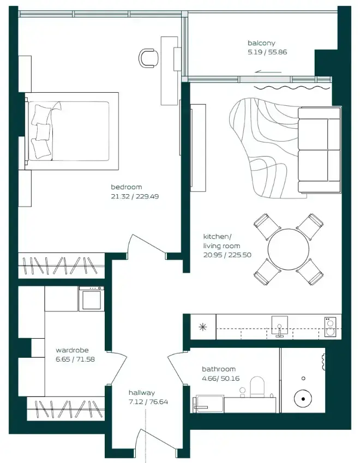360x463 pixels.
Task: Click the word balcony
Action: click(x=261, y=43)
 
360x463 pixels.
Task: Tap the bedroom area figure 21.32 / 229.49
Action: click(x=135, y=196)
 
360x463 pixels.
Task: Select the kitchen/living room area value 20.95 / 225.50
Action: click(x=227, y=255)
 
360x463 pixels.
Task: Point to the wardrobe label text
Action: click(x=72, y=350)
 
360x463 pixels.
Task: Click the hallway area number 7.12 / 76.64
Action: click(x=148, y=402)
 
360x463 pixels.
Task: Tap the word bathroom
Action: click(x=219, y=369)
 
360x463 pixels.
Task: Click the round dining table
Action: click(x=288, y=249)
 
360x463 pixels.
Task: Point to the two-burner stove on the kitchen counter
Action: click(x=330, y=327)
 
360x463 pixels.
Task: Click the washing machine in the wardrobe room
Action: click(x=92, y=299)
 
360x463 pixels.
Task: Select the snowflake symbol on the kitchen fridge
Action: click(x=202, y=327)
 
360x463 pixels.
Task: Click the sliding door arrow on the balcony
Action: click(x=268, y=71)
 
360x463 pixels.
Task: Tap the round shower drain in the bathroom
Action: click(x=303, y=399)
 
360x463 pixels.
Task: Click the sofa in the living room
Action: click(x=319, y=151)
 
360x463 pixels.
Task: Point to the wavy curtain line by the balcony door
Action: click(x=292, y=88)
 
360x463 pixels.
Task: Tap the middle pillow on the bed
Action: click(x=43, y=131)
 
